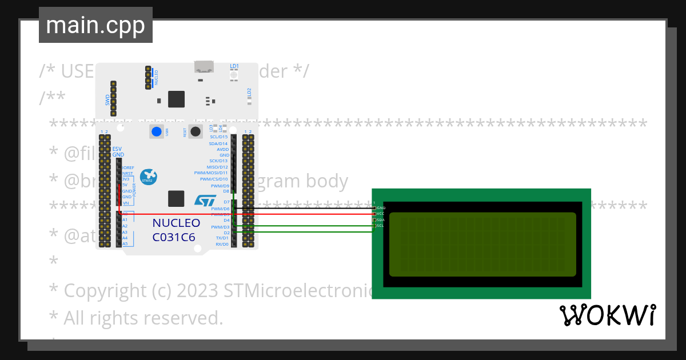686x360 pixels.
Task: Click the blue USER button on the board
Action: [x=156, y=132]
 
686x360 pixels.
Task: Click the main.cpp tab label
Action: [x=95, y=25]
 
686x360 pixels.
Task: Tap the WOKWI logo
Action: [x=607, y=315]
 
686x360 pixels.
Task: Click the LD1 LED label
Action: [x=234, y=67]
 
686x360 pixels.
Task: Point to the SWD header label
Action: [x=107, y=101]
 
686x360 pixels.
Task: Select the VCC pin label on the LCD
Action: [x=381, y=213]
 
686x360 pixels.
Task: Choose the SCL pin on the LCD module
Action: [x=380, y=226]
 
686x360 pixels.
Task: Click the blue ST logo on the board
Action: [x=205, y=201]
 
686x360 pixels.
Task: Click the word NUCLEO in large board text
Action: [x=176, y=223]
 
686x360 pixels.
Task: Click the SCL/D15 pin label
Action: [x=219, y=137]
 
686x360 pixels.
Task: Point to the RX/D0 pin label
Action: [x=222, y=244]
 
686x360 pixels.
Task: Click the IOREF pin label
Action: [x=128, y=168]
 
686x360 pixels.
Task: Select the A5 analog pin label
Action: [x=125, y=244]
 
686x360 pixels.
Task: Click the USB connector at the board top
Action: [x=204, y=67]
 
